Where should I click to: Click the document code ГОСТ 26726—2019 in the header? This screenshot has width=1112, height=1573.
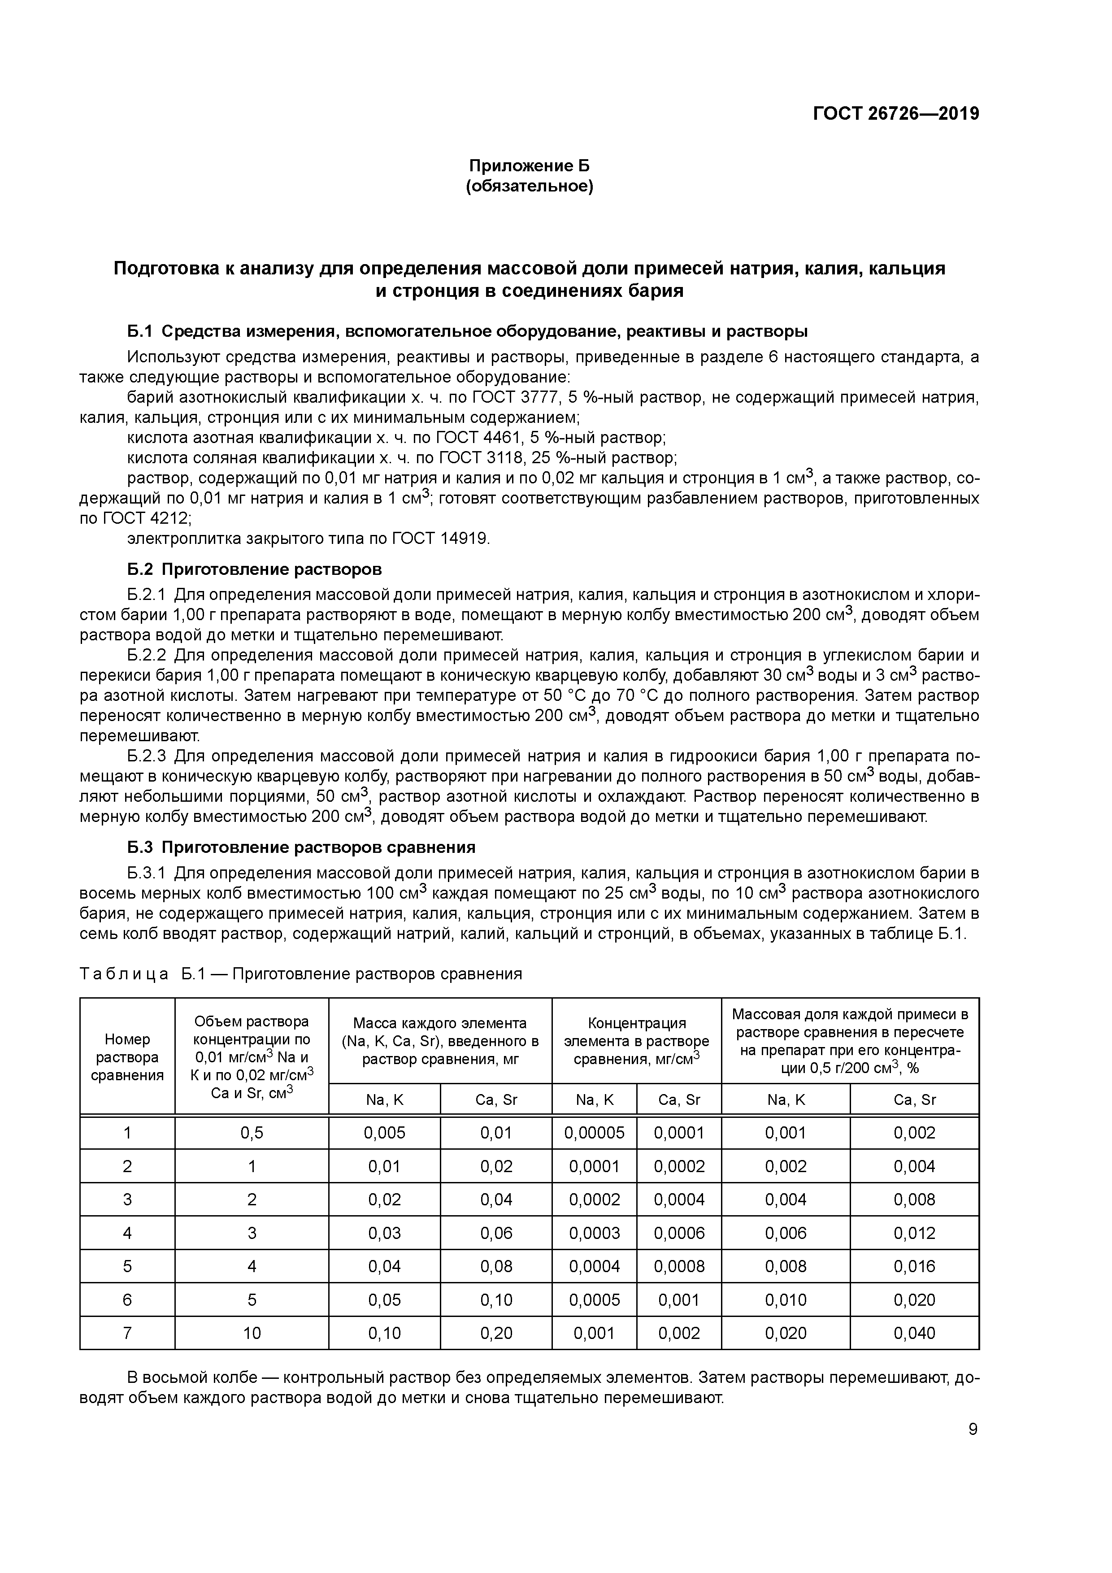click(895, 114)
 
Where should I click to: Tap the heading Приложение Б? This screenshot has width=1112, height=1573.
click(529, 166)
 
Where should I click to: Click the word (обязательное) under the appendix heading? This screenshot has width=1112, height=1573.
click(529, 187)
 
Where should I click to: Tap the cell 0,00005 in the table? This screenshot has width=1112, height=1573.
click(594, 1133)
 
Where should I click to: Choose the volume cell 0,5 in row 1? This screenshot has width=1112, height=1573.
click(252, 1133)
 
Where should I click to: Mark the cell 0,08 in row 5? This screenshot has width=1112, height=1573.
click(496, 1266)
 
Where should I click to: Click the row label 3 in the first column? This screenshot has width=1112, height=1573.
click(127, 1199)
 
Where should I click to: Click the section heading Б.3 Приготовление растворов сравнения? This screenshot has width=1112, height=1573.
click(301, 847)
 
